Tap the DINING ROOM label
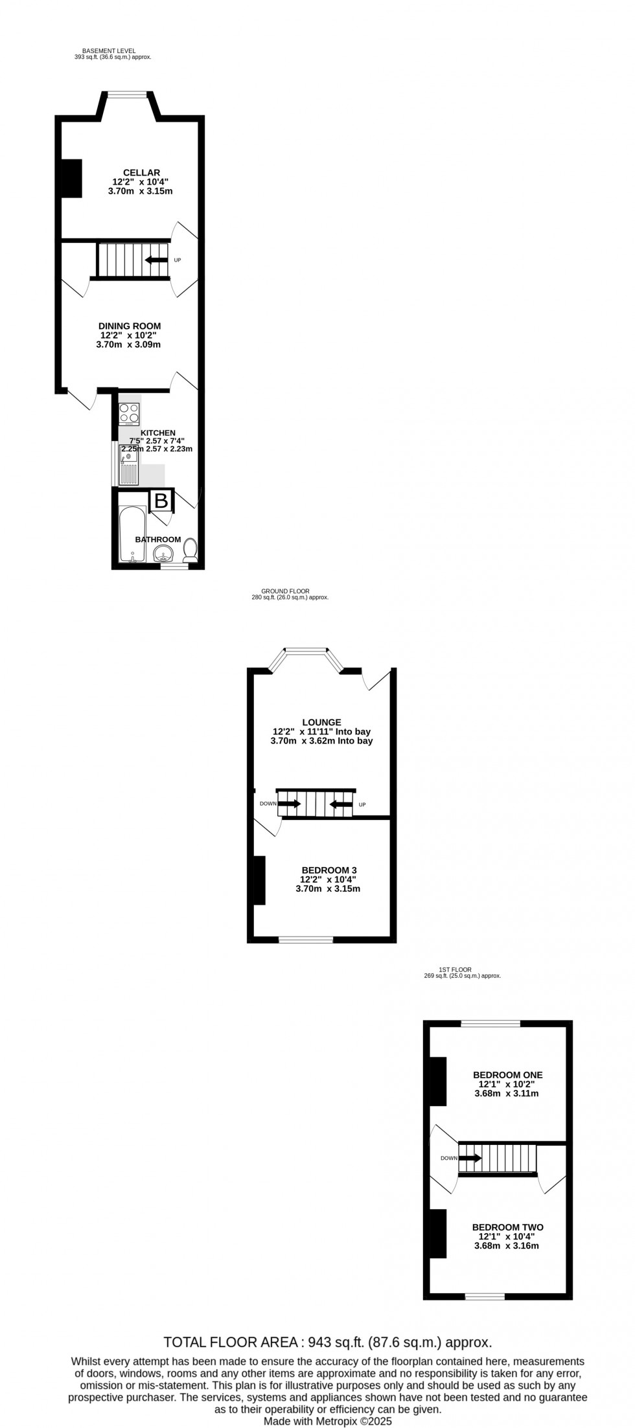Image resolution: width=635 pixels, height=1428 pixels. click(130, 326)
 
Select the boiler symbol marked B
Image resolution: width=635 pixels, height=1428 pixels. click(161, 501)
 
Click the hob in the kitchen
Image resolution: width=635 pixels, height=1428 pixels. click(129, 411)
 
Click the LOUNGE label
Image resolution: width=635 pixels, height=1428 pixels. click(321, 722)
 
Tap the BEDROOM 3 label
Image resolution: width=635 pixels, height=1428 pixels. click(329, 870)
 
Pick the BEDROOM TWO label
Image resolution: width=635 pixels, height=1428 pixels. click(507, 1227)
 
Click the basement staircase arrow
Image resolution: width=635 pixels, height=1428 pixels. click(156, 260)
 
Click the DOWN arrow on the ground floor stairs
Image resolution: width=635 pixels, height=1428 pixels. click(290, 804)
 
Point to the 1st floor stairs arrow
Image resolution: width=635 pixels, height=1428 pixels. click(470, 1158)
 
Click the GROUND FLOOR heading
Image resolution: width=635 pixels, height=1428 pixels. click(285, 591)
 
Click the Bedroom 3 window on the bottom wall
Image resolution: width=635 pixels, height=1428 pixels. click(306, 939)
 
